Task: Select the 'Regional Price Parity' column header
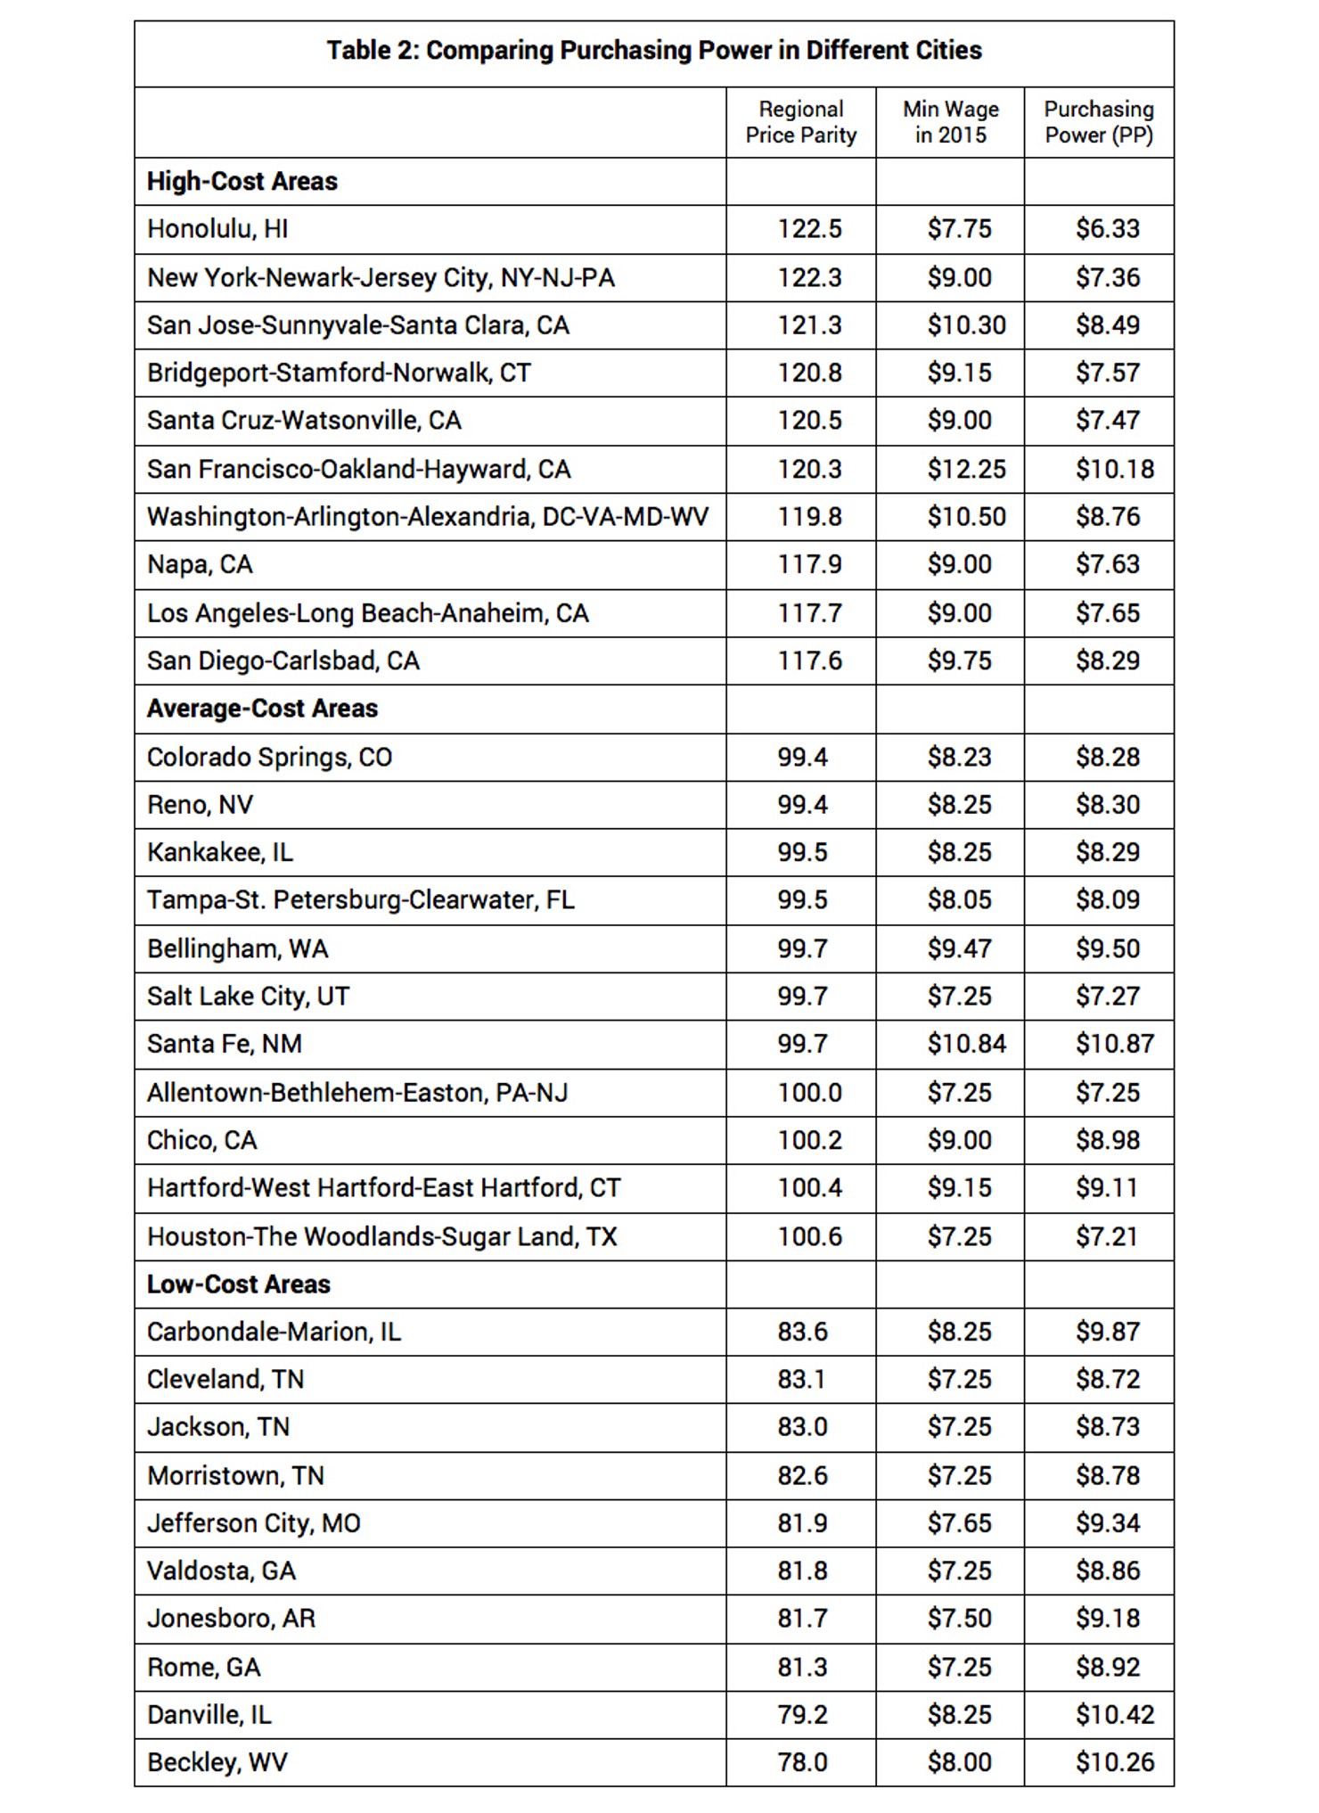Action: tap(800, 122)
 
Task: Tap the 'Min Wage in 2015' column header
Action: tap(950, 122)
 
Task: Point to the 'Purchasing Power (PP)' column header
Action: tap(1099, 122)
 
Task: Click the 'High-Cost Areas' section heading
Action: tap(242, 182)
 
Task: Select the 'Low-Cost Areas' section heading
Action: tap(239, 1284)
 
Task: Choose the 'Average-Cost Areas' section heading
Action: tap(262, 709)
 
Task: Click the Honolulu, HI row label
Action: tap(217, 230)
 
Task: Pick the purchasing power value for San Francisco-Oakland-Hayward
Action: tap(1114, 470)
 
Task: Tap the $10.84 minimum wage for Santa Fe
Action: tap(966, 1044)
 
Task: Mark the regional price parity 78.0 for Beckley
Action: tap(802, 1762)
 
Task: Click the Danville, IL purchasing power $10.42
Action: tap(1114, 1714)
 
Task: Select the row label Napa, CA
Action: tap(200, 565)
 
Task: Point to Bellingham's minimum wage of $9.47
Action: tap(959, 948)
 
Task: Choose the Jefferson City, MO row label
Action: tap(254, 1523)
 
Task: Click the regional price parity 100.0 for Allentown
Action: tap(809, 1093)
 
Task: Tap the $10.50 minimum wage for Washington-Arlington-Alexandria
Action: tap(966, 517)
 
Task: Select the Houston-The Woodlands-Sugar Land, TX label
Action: tap(381, 1237)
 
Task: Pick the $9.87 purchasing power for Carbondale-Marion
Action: tap(1107, 1332)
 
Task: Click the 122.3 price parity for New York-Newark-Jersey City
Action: tap(809, 278)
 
